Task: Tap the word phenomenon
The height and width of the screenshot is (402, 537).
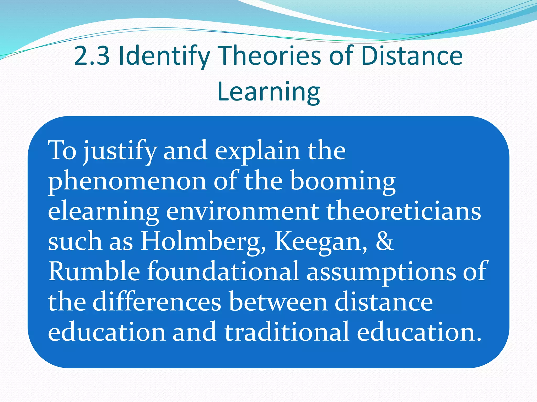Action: [x=127, y=182]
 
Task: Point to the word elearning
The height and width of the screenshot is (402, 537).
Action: [x=103, y=212]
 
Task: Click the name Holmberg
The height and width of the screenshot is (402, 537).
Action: [x=203, y=242]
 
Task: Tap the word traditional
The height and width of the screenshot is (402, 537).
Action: [x=287, y=332]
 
